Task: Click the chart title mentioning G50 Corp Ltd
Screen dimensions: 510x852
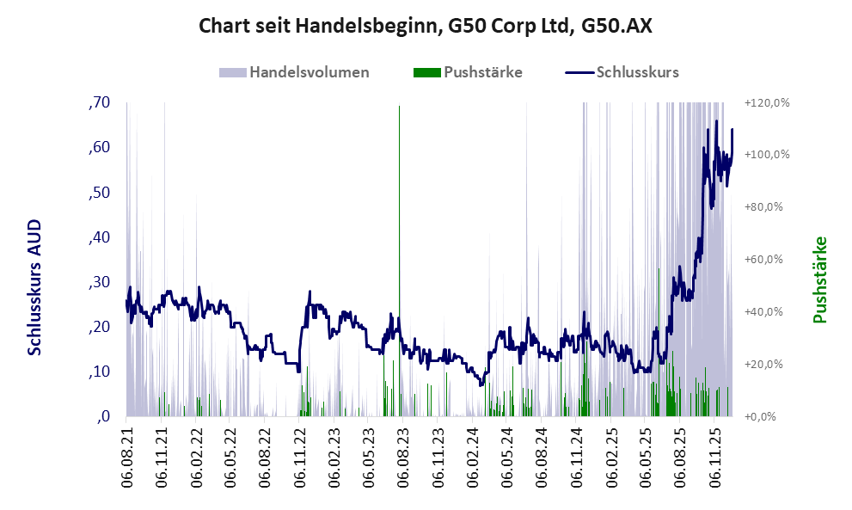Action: click(426, 26)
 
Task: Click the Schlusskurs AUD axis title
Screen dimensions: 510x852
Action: click(35, 287)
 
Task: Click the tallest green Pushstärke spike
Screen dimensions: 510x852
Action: click(399, 258)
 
